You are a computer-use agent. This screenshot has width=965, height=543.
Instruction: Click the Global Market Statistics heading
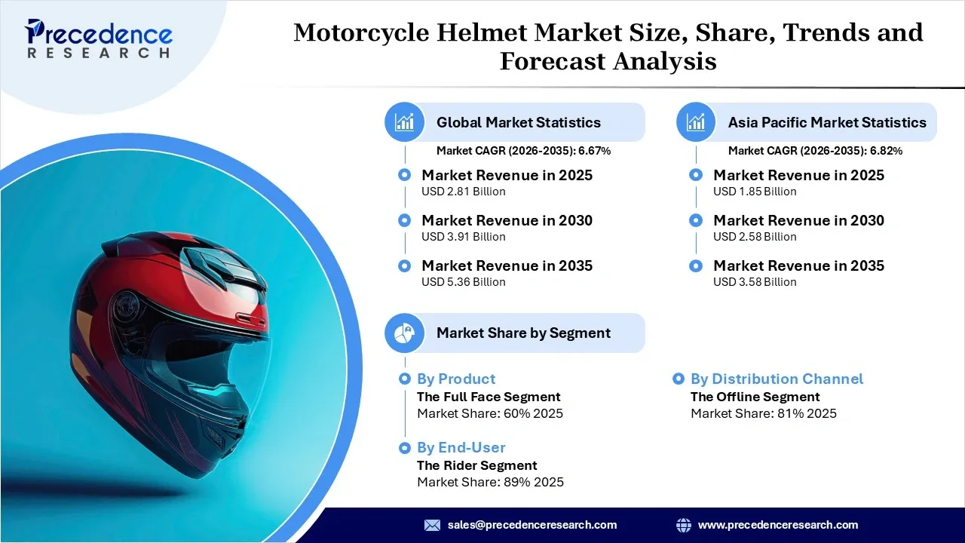click(518, 122)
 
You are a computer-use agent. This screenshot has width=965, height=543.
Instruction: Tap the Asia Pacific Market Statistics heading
click(826, 122)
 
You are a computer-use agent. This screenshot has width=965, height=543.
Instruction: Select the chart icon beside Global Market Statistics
click(405, 122)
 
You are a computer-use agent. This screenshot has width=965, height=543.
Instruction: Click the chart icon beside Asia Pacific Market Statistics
click(696, 122)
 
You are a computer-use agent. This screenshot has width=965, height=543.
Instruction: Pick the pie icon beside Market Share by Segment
click(405, 333)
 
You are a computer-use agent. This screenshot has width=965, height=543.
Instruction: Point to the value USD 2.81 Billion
click(463, 192)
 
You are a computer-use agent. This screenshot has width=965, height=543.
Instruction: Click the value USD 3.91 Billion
click(463, 237)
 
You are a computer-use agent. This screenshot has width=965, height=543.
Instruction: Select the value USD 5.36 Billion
click(463, 282)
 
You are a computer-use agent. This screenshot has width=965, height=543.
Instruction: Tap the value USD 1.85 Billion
click(755, 192)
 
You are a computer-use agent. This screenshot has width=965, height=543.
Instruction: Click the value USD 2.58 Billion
click(755, 237)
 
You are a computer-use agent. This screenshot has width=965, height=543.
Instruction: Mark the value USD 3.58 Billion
click(755, 282)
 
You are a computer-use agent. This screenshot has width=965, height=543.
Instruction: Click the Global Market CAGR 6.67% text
click(523, 151)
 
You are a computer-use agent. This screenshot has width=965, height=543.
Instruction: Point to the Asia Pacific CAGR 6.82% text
click(815, 151)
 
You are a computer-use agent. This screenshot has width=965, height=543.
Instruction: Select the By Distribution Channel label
click(777, 379)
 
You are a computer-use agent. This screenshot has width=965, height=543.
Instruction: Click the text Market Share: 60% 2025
click(490, 413)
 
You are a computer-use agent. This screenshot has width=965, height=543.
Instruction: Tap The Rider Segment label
click(476, 465)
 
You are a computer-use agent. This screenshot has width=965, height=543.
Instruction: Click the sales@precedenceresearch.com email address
click(532, 525)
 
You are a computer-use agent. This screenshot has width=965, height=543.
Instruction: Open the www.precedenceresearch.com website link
click(777, 525)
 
